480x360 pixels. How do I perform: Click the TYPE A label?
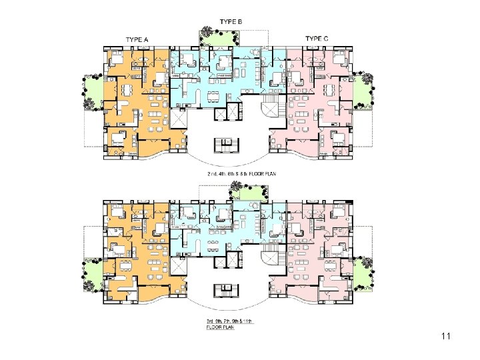(137, 40)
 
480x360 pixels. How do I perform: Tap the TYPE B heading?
(230, 22)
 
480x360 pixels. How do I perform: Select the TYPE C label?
(317, 39)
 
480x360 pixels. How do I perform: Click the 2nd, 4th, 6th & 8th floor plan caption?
(241, 173)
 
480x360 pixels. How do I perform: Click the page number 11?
(445, 337)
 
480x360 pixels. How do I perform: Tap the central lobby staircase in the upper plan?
(227, 145)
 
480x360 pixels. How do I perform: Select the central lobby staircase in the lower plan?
(227, 291)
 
